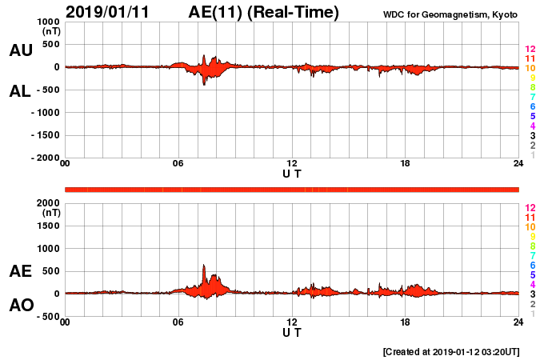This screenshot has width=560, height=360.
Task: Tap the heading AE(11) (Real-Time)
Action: (x=263, y=12)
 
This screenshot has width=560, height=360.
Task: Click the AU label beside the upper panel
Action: (x=21, y=50)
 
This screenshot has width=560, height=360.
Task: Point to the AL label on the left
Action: (x=21, y=91)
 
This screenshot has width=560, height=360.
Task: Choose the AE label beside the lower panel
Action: (x=21, y=271)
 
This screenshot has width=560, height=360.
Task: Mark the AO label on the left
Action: (x=21, y=306)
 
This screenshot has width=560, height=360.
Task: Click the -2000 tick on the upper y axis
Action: (x=44, y=158)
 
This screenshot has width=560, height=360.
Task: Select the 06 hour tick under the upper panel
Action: (x=178, y=164)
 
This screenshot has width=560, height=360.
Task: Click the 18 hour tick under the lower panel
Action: (x=406, y=322)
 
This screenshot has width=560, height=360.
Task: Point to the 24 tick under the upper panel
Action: (x=518, y=164)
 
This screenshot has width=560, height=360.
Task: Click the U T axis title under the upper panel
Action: (x=292, y=174)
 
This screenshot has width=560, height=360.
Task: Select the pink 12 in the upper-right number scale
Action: (x=530, y=50)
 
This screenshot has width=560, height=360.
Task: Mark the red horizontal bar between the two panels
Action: (x=292, y=189)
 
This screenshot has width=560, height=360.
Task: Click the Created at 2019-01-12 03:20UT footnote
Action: (x=451, y=351)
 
